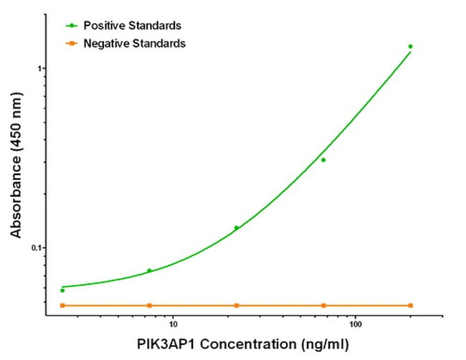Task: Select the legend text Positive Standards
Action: (x=131, y=25)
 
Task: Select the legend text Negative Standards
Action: (x=135, y=44)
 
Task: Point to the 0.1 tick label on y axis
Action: (x=38, y=247)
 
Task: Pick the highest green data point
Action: (x=410, y=47)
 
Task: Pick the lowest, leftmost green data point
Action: (x=62, y=290)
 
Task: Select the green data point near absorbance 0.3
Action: (x=323, y=160)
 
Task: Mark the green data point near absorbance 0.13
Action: (x=237, y=228)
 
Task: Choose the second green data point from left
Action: (x=149, y=270)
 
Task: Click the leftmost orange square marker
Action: (x=62, y=305)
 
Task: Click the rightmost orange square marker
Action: (x=410, y=305)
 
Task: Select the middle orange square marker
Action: (x=237, y=305)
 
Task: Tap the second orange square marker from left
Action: (x=149, y=305)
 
